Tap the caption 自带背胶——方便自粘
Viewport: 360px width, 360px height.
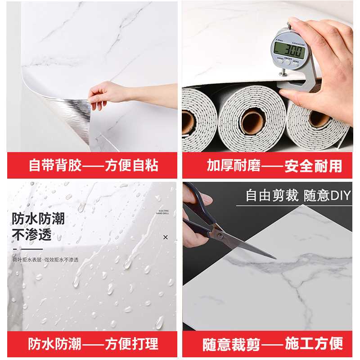[x=94, y=166]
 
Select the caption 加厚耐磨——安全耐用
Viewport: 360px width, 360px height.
[x=274, y=166]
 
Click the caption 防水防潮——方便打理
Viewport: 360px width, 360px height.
[x=94, y=344]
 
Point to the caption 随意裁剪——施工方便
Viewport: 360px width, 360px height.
[x=274, y=344]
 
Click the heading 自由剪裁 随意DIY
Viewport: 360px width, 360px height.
[x=298, y=196]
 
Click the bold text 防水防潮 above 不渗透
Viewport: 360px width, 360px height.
[x=38, y=219]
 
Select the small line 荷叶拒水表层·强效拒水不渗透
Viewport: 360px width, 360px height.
[x=45, y=260]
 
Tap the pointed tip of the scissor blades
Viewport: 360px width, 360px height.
[x=275, y=258]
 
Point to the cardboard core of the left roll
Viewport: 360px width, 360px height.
[x=188, y=122]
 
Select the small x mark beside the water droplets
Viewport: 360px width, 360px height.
[x=166, y=237]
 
